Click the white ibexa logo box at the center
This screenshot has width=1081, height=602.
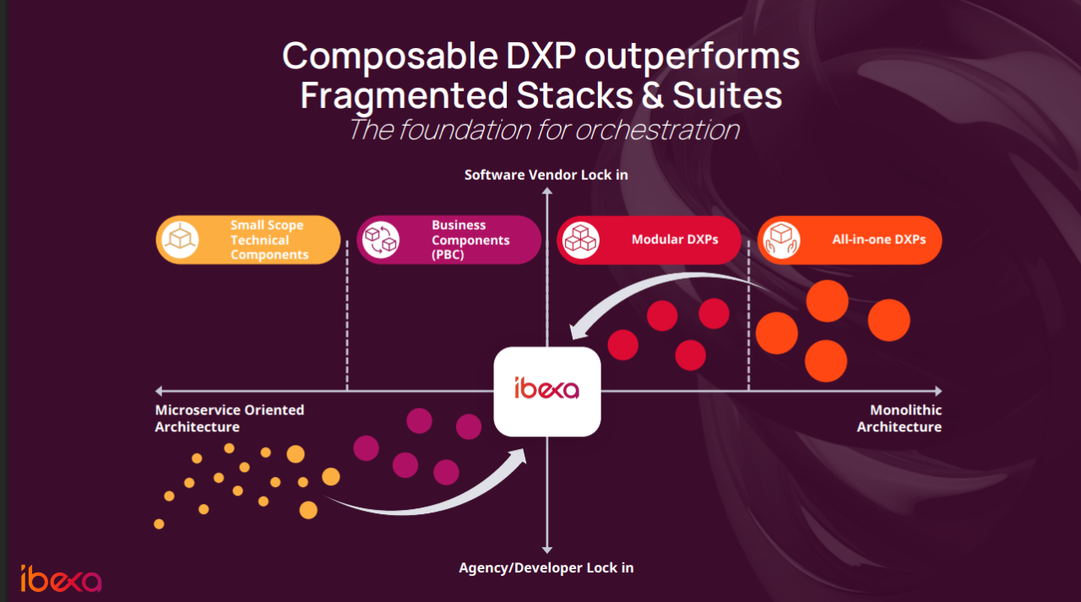click(547, 392)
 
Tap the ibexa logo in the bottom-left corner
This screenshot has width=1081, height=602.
click(61, 578)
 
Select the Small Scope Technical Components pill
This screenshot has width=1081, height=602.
click(248, 240)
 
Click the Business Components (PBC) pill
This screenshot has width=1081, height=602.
click(448, 240)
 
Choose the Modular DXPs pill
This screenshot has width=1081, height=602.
click(649, 240)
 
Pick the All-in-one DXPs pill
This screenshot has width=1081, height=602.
click(850, 240)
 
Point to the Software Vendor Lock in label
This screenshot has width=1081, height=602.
click(546, 175)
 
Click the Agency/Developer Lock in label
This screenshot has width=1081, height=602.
click(546, 567)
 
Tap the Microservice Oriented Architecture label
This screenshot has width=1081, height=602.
click(230, 418)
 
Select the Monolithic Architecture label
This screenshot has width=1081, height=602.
click(899, 418)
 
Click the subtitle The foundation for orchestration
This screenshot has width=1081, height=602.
click(544, 130)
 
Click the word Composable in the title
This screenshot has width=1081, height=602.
click(390, 57)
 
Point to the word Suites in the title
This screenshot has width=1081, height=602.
click(727, 95)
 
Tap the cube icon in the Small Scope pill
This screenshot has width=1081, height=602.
click(180, 240)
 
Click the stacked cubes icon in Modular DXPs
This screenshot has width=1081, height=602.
click(581, 240)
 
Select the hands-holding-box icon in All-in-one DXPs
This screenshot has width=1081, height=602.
click(781, 240)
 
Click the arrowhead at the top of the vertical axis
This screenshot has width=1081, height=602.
click(546, 191)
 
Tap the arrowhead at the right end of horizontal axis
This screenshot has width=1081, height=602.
click(938, 391)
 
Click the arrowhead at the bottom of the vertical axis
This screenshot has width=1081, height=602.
click(546, 550)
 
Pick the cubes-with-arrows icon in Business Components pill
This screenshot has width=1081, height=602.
click(381, 240)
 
